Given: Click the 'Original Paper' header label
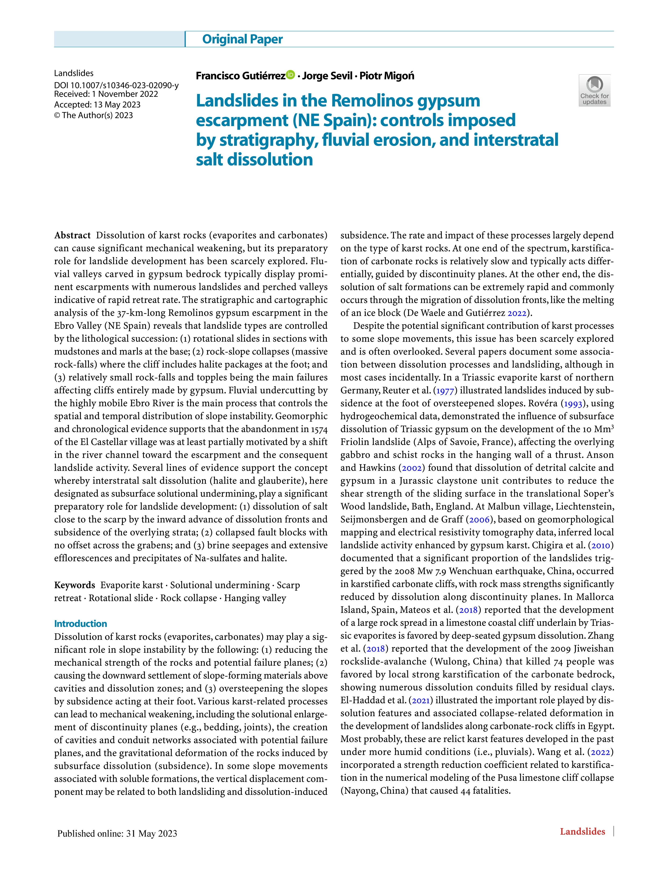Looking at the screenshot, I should click(x=242, y=39).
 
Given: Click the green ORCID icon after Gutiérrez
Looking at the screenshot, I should click(x=290, y=75).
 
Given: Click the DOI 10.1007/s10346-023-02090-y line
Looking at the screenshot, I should click(x=116, y=85).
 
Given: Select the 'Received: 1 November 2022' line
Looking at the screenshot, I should click(x=106, y=94).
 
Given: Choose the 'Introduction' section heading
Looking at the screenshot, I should click(x=81, y=623).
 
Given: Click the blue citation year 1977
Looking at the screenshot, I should click(x=445, y=390).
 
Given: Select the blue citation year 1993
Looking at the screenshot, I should click(x=573, y=403).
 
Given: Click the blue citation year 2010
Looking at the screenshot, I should click(x=601, y=545).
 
